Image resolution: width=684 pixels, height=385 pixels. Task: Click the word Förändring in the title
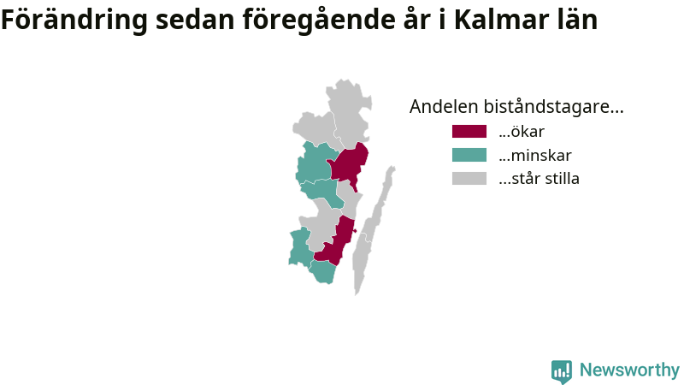pos(74,20)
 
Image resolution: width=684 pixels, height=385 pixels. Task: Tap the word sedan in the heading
pos(195,20)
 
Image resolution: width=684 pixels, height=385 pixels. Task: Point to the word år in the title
pos(417,19)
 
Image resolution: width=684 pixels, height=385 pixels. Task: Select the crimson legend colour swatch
pos(469,132)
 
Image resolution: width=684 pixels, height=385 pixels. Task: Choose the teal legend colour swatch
pos(469,155)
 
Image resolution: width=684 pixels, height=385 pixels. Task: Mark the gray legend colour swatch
pos(469,179)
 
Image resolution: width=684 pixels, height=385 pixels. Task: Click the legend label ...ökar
pos(522,132)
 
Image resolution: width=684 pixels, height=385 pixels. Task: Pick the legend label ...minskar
pos(535,155)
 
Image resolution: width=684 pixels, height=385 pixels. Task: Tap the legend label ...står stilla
pos(540,179)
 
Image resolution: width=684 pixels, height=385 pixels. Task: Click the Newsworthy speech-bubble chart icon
pos(562,371)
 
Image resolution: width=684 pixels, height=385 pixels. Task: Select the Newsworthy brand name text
pos(629,370)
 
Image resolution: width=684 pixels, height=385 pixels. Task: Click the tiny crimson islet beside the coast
pos(355,231)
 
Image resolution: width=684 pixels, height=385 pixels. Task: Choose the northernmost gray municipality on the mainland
pos(349,115)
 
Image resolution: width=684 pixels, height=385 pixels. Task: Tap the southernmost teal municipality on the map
pos(323,272)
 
